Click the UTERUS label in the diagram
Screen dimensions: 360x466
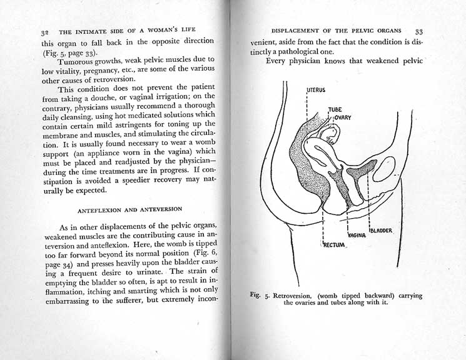coord(316,90)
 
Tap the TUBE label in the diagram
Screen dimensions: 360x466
coord(335,109)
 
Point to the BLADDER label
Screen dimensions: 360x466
coord(381,231)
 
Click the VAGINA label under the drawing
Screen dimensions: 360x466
coord(356,236)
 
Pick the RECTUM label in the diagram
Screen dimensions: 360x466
coord(334,244)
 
